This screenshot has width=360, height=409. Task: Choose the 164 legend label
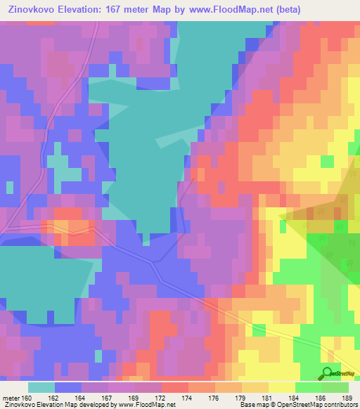point(82,397)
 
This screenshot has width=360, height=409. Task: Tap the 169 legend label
point(135,397)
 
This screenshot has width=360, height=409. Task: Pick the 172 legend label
point(162,397)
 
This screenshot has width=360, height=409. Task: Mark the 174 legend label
point(188,397)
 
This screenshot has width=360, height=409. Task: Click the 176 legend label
point(215,397)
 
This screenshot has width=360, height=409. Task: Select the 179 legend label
point(242,397)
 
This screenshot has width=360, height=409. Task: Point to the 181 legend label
point(269,397)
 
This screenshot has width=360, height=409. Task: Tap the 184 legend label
point(295,397)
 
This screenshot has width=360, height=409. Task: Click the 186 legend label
point(322,397)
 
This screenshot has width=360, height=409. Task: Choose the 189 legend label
point(347,397)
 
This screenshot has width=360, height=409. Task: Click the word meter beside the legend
point(10,397)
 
